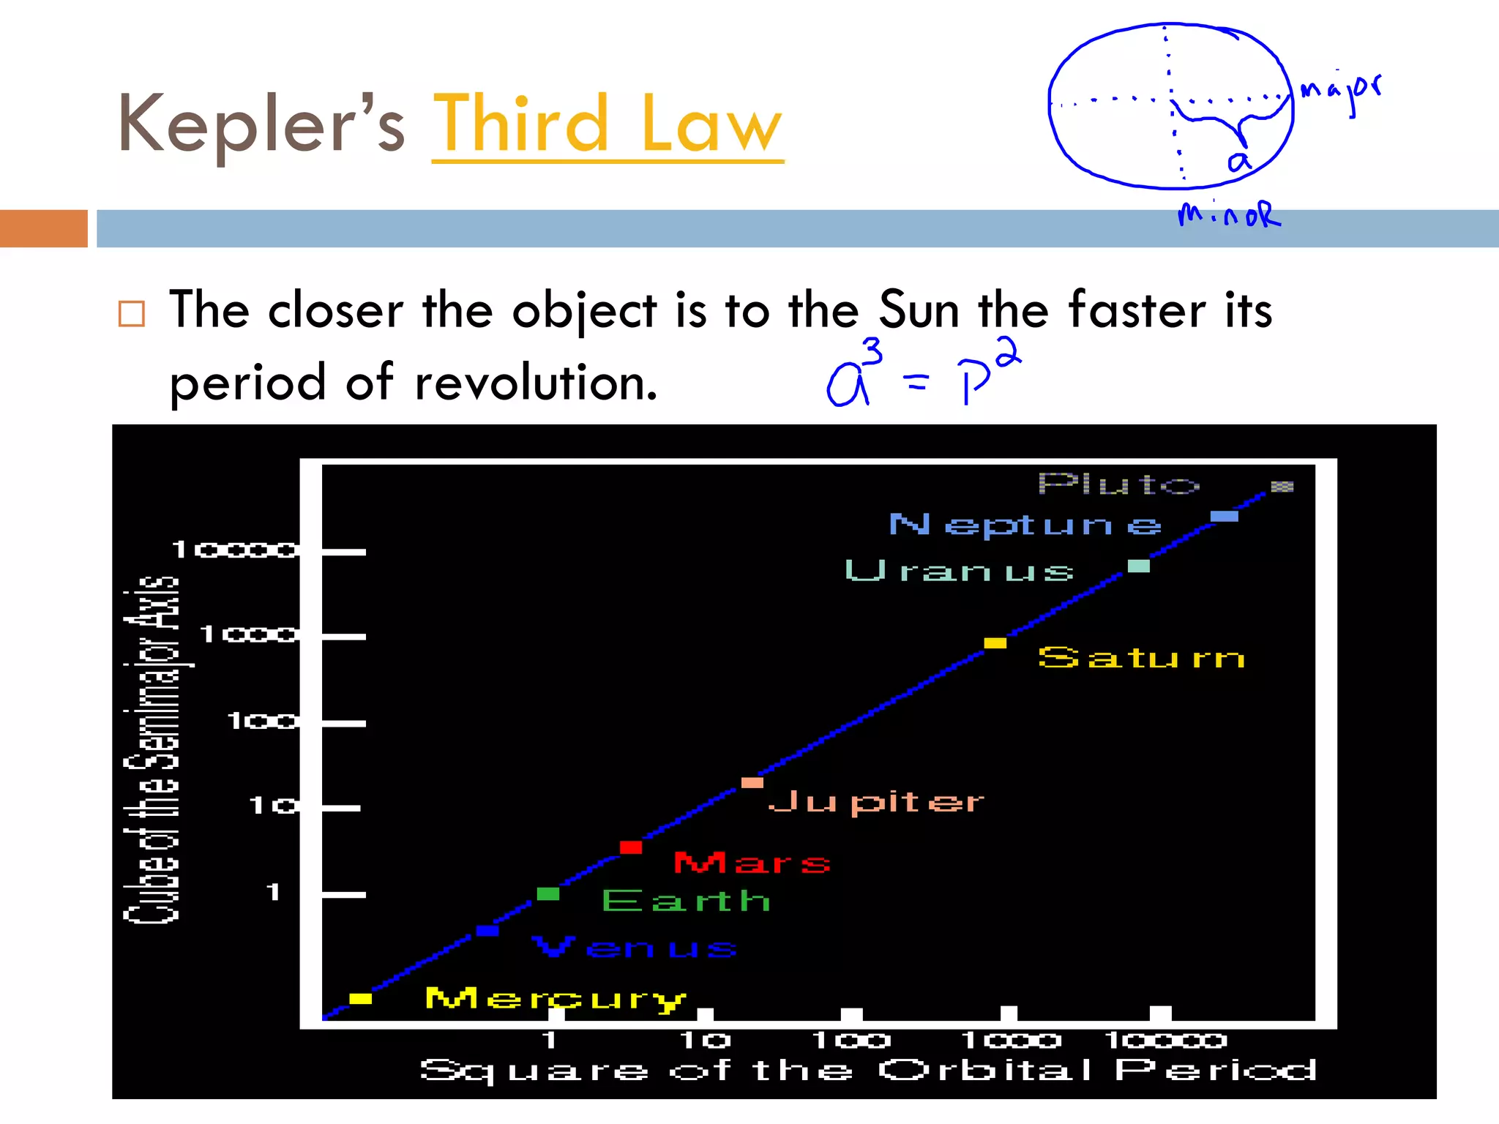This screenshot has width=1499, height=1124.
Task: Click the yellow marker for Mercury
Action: (360, 999)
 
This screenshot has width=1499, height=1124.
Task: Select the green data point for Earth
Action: (547, 893)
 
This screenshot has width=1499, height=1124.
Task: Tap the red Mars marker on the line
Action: (631, 847)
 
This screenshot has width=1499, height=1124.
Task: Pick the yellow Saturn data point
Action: (995, 643)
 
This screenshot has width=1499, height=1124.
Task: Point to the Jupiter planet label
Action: (875, 803)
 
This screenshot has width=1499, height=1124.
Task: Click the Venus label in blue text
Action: (634, 947)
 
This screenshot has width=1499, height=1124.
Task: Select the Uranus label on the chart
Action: (959, 571)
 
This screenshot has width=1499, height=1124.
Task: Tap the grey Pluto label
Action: (1118, 484)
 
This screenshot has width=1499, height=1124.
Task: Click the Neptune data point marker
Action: (1224, 517)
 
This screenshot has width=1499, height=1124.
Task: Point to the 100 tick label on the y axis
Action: (262, 722)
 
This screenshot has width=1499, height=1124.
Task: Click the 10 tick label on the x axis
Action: (705, 1040)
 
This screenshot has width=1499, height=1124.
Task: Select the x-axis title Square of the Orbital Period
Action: (867, 1071)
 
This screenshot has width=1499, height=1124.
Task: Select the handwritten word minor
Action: (1229, 214)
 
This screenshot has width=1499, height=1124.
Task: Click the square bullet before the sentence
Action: (132, 314)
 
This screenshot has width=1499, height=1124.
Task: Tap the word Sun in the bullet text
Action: (919, 310)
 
